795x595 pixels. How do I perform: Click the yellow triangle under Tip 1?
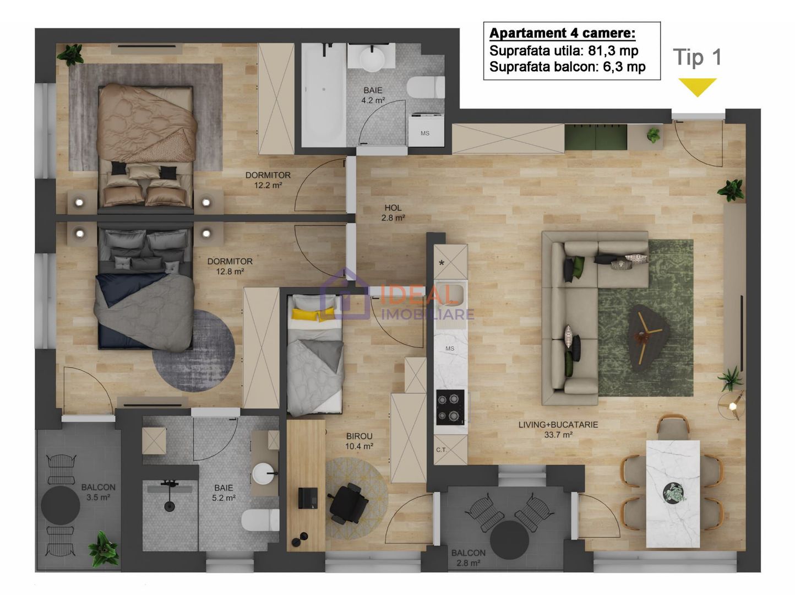[697, 86]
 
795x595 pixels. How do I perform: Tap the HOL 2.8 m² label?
[393, 213]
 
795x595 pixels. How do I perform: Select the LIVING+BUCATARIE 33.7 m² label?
[558, 430]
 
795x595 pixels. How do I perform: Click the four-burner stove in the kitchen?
[450, 407]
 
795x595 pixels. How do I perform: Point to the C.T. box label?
[442, 450]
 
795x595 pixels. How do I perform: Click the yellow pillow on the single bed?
[306, 315]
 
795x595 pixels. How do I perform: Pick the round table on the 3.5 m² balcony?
[61, 505]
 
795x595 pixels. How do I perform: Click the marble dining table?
[673, 493]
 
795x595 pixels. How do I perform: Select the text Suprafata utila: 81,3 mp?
[564, 51]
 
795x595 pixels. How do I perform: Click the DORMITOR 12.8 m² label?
[230, 266]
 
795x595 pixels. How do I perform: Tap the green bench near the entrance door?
[596, 138]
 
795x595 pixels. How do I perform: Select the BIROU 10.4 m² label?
[359, 441]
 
